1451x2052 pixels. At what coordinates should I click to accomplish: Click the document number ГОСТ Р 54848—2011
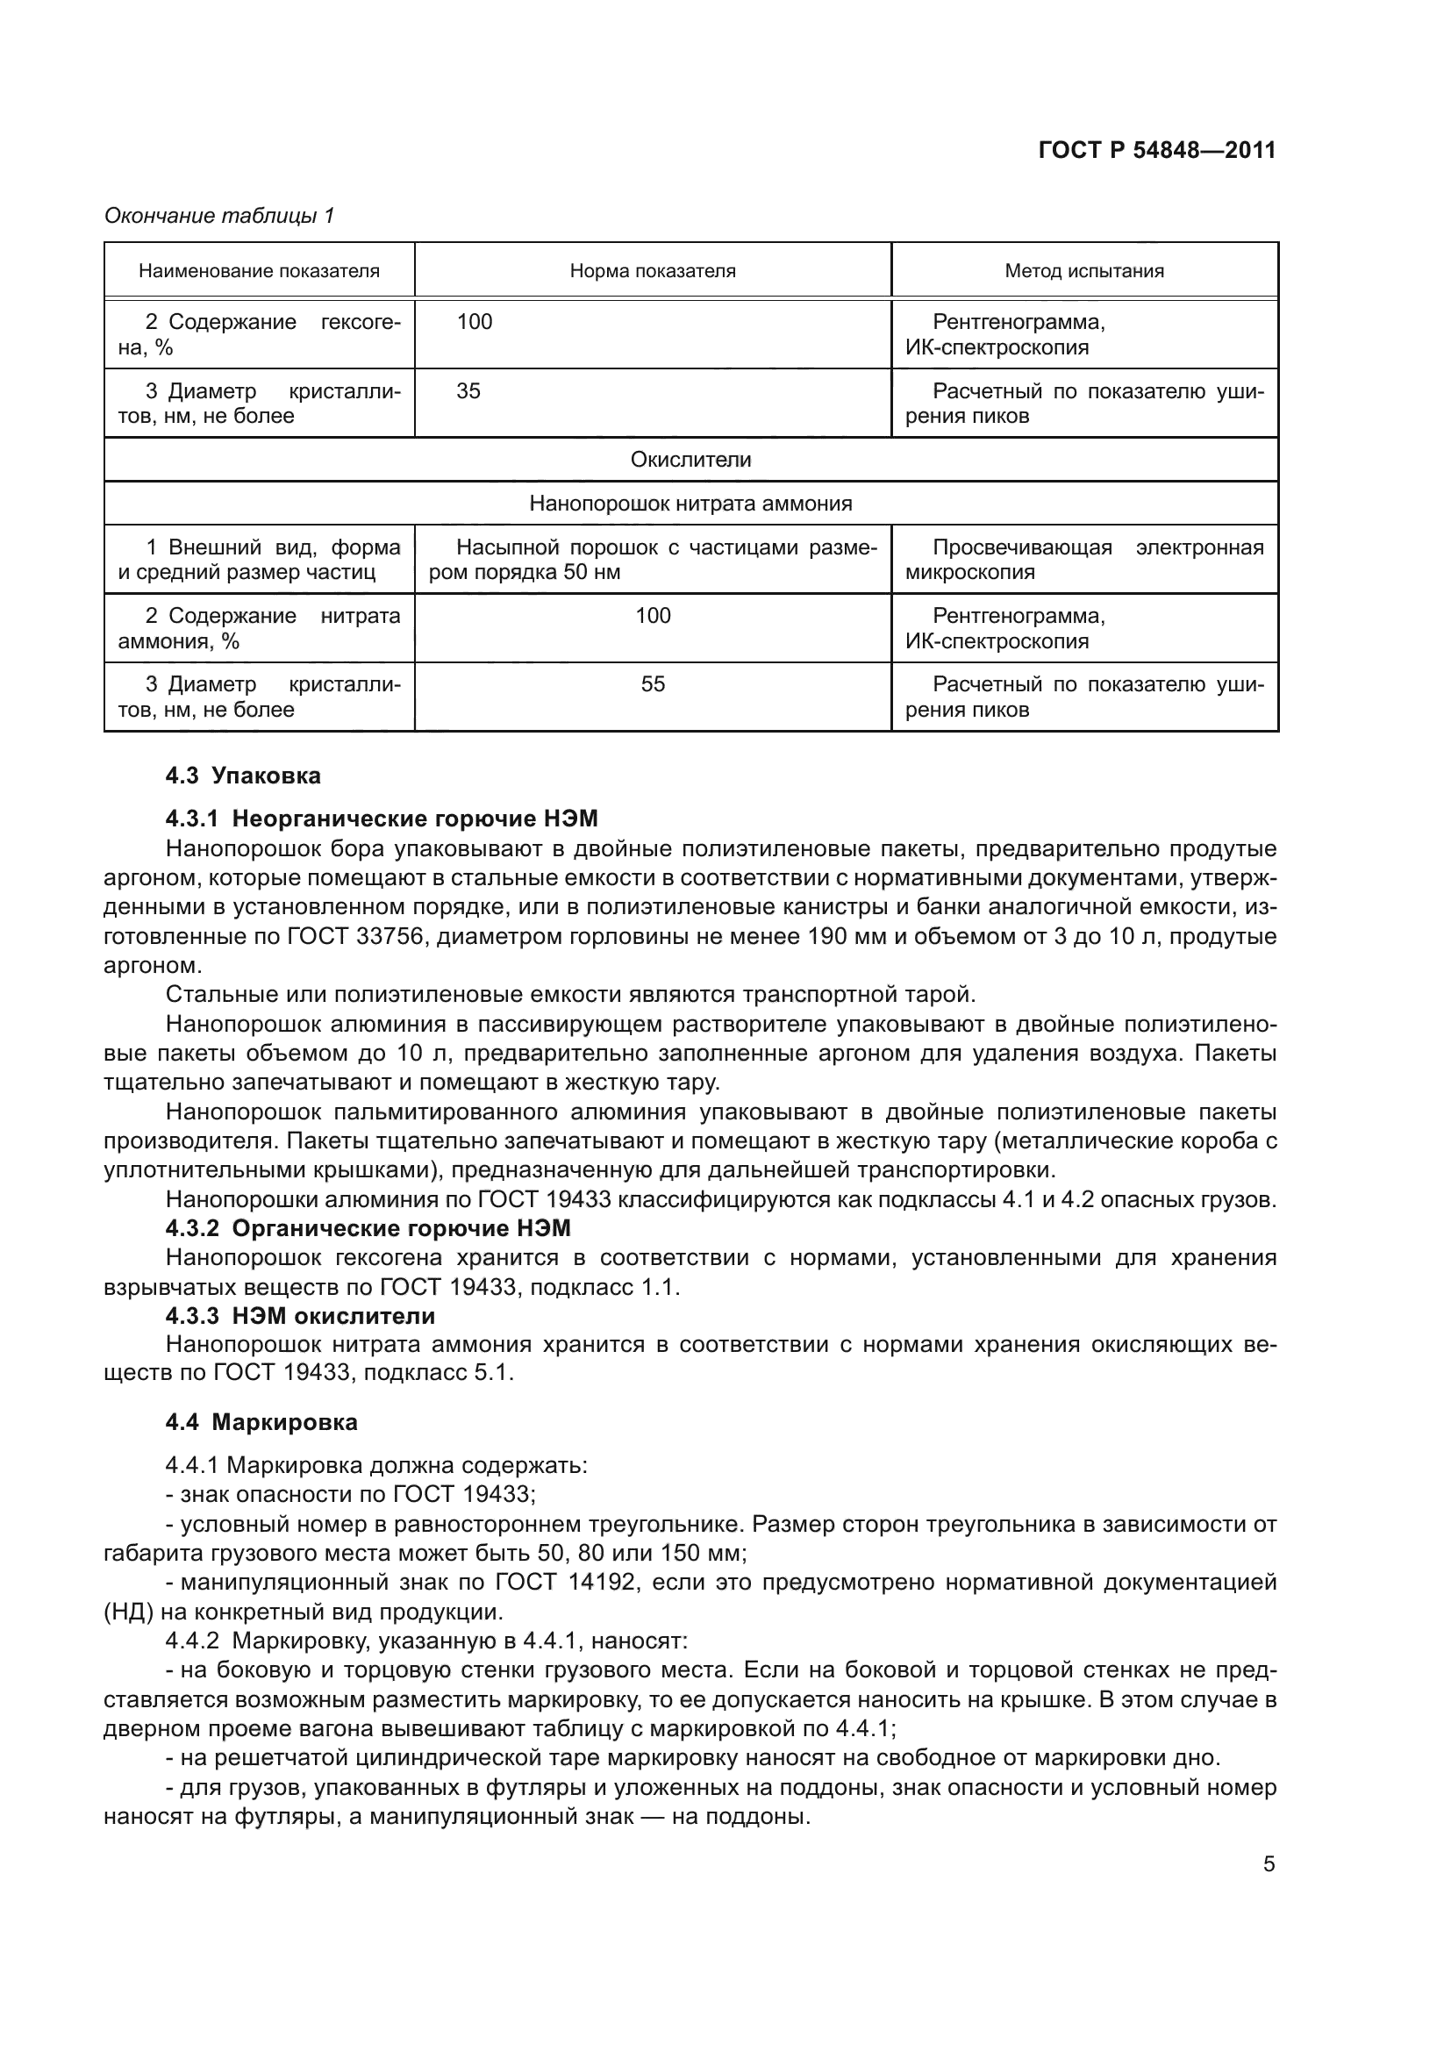coord(1157,150)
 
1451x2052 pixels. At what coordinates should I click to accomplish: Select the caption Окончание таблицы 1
coord(219,216)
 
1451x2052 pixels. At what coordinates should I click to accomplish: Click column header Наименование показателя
coord(259,271)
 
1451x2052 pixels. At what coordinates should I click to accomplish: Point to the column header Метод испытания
coord(1083,271)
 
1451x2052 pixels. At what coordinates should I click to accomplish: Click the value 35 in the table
coord(468,391)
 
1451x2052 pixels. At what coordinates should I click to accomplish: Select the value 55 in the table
coord(654,684)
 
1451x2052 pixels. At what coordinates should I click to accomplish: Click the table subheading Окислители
coord(690,460)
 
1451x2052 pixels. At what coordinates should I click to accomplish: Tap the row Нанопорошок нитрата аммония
coord(690,504)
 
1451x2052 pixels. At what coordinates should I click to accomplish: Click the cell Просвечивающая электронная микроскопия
coord(1083,560)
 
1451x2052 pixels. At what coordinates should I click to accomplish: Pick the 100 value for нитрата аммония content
coord(654,616)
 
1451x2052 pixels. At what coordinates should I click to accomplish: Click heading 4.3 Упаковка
coord(243,776)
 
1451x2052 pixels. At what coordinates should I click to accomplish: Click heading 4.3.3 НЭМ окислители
coord(300,1317)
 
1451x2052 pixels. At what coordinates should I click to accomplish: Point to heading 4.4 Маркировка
coord(261,1422)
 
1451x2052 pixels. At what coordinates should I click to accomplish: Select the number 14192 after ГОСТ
coord(601,1583)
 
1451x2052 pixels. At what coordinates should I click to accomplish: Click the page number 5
coord(1269,1864)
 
